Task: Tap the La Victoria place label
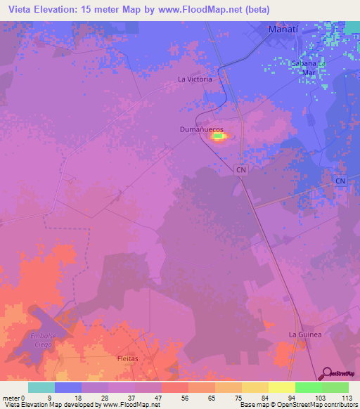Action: click(195, 79)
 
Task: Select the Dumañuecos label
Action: click(202, 130)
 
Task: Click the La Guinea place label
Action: click(305, 335)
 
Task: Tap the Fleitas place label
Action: click(129, 358)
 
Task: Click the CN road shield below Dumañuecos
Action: click(241, 169)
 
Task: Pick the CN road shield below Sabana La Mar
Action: click(340, 181)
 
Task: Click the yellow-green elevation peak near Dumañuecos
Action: click(218, 136)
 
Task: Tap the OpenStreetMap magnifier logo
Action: click(326, 372)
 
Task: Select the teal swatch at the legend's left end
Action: click(41, 387)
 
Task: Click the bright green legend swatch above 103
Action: click(308, 387)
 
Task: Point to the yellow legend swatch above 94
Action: click(281, 387)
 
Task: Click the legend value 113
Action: click(346, 398)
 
